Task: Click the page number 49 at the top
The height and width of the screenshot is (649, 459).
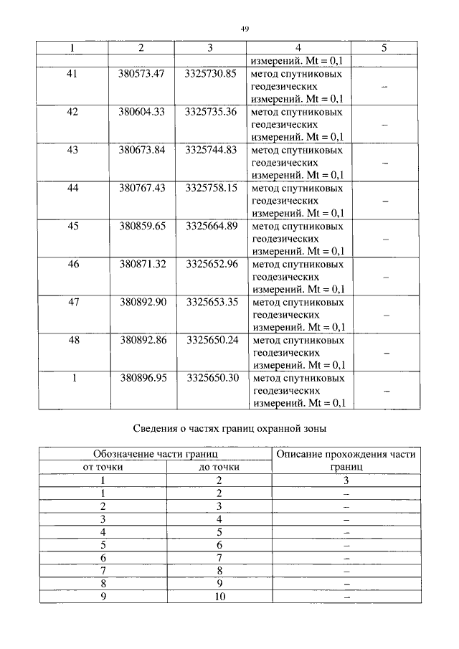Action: [245, 29]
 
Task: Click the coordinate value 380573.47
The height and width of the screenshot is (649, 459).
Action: [142, 74]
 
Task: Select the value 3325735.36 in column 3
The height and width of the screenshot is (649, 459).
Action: [210, 112]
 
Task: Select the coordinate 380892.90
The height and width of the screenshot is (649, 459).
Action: [142, 302]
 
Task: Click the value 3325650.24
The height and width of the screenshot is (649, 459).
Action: [210, 340]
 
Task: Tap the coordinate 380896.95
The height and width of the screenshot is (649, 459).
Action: [142, 378]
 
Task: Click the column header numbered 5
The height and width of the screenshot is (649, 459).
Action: [384, 48]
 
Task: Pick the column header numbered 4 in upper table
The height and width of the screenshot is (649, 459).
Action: [298, 48]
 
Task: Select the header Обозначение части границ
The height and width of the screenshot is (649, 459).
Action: [155, 455]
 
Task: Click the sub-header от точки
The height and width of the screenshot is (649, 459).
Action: [103, 468]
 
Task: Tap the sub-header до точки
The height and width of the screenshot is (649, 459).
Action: [219, 468]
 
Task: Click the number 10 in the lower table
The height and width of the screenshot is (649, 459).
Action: [219, 597]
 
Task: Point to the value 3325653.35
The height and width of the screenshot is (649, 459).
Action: [210, 302]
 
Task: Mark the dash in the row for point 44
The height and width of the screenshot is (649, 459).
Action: [384, 202]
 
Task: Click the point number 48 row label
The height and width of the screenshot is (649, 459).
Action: [72, 340]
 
